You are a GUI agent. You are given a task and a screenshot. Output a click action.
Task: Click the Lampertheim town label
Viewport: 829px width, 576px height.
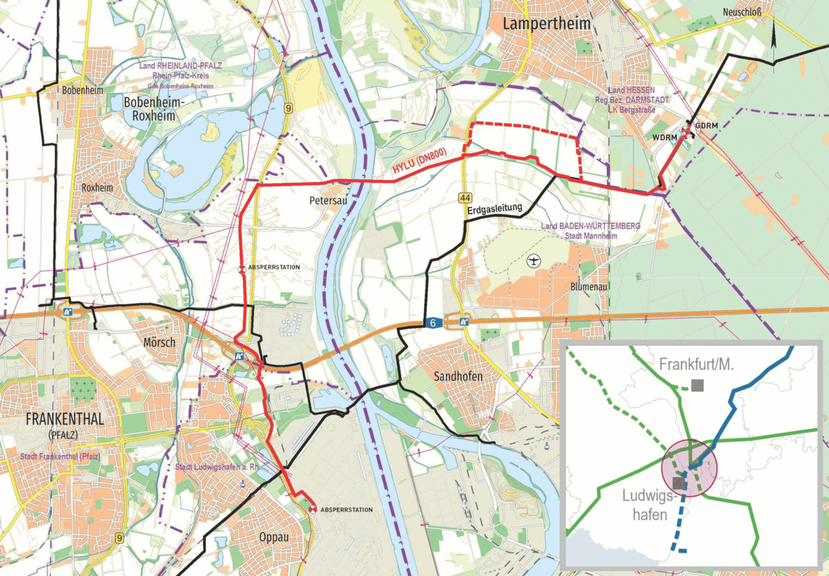point(546,24)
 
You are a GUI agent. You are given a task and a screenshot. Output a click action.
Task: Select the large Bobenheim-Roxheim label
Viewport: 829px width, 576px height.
point(150,109)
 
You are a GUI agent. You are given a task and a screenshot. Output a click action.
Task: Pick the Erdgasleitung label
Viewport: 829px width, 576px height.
point(495,210)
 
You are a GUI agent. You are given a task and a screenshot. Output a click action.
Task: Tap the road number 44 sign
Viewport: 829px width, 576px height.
point(465,198)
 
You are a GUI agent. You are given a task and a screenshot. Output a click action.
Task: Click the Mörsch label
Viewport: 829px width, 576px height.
point(158,342)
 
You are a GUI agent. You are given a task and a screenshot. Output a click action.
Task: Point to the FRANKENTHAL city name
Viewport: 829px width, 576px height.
point(64,419)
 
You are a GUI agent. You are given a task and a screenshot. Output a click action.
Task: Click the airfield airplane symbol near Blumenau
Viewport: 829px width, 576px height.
point(534,261)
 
